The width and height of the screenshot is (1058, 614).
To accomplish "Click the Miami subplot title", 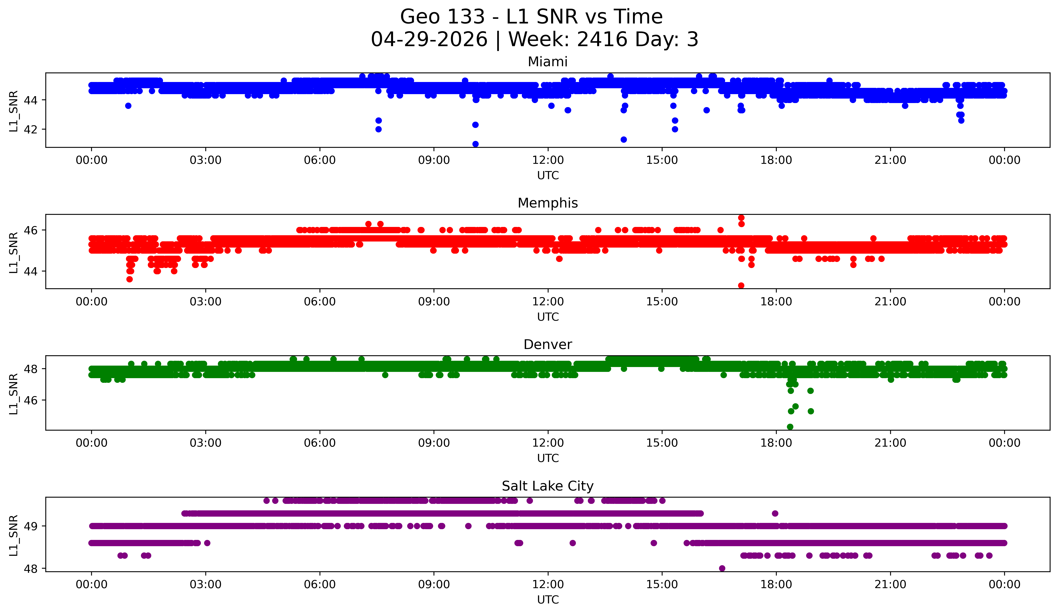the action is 548,62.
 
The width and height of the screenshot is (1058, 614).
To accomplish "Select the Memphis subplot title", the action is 548,203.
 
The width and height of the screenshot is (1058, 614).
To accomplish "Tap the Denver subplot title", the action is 548,345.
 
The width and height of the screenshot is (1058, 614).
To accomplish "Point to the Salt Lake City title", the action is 548,486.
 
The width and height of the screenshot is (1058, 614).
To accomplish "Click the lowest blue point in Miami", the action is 475,144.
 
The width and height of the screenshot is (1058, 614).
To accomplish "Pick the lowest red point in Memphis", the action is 741,285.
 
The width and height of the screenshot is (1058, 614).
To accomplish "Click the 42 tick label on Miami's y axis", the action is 30,129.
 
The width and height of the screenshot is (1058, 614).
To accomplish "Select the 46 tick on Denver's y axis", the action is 30,400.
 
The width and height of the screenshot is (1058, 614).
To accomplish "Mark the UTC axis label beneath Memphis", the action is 548,317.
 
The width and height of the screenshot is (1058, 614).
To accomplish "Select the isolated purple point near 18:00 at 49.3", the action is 775,513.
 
